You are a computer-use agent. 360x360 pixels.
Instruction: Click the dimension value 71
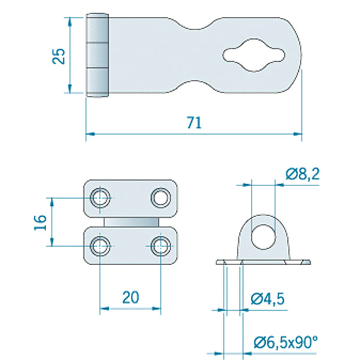(193, 123)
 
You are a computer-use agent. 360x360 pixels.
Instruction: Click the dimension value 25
(58, 56)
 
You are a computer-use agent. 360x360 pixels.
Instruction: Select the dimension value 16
(40, 221)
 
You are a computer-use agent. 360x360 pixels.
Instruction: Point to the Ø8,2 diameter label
(303, 174)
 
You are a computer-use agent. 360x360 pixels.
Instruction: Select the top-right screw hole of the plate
(160, 197)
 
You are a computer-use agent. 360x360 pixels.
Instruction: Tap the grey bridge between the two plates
(131, 222)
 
